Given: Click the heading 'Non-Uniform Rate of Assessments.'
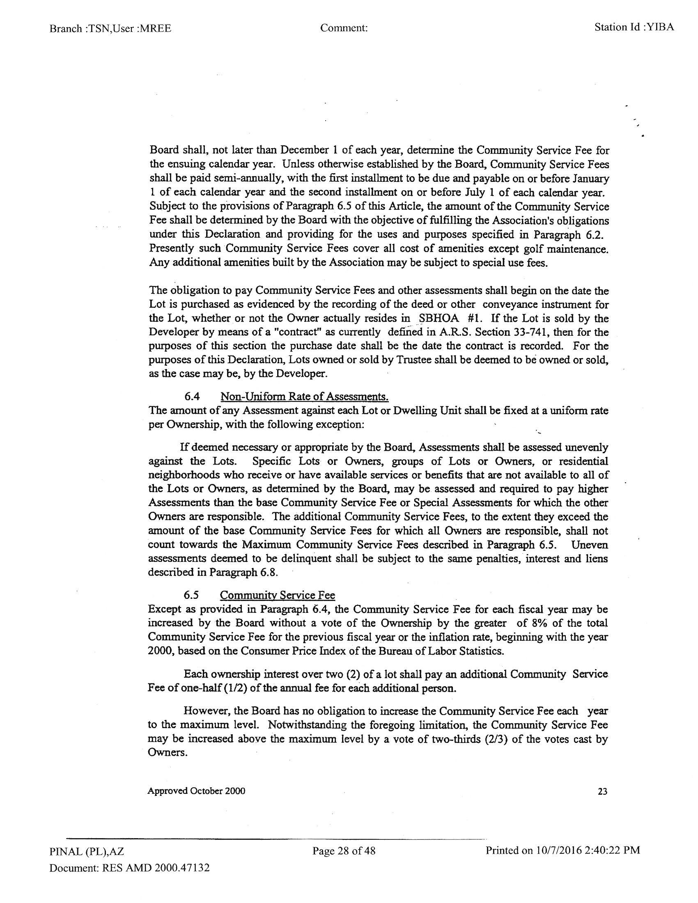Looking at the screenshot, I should pyautogui.click(x=304, y=396).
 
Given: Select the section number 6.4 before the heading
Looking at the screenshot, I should pyautogui.click(x=192, y=396).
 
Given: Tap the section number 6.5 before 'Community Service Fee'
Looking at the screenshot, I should pyautogui.click(x=191, y=595).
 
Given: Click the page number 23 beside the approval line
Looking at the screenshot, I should pyautogui.click(x=602, y=791).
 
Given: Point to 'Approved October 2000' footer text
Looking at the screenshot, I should pyautogui.click(x=196, y=791).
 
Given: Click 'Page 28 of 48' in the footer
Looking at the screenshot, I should pyautogui.click(x=344, y=850).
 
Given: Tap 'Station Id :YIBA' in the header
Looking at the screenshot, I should pyautogui.click(x=634, y=27).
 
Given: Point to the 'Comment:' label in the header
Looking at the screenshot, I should pyautogui.click(x=344, y=28).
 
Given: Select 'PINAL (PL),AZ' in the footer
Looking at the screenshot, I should pyautogui.click(x=86, y=851).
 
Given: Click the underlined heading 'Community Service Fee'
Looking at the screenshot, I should pyautogui.click(x=277, y=595).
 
